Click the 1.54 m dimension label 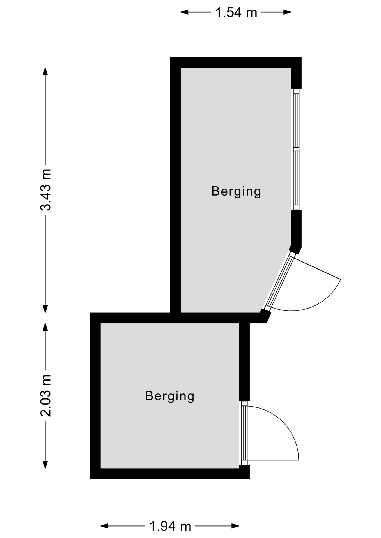tap(236, 13)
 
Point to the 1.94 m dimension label tap(170, 526)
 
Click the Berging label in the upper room tap(236, 192)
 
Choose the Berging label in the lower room tap(170, 396)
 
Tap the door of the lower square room tap(244, 433)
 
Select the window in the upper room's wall tap(296, 149)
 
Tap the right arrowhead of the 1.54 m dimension tap(287, 12)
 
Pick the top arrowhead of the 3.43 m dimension tap(45, 71)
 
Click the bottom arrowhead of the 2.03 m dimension tap(45, 464)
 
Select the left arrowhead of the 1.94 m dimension tap(104, 526)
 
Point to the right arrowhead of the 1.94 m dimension tap(235, 526)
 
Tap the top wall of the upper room tap(236, 62)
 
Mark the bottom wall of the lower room tap(170, 474)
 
